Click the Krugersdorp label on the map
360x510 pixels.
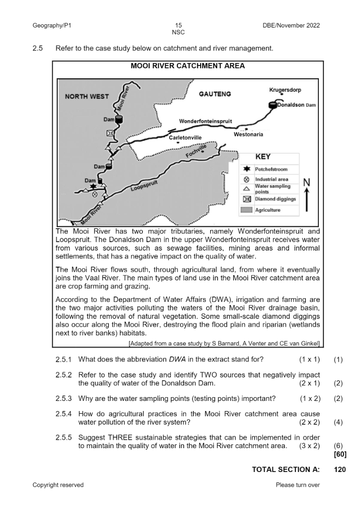(x=285, y=90)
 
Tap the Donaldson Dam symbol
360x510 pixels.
(x=273, y=105)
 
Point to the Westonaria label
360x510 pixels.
(x=248, y=135)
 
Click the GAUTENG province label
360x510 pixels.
(x=215, y=94)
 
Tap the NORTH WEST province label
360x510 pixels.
(x=87, y=96)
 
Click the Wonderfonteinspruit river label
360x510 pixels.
(x=205, y=121)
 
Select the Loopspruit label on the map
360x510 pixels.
(x=144, y=186)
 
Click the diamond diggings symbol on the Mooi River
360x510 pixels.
(x=110, y=133)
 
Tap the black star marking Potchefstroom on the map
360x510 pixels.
(x=93, y=186)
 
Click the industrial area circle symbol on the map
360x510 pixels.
(x=95, y=194)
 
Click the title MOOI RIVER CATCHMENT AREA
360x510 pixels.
(x=188, y=66)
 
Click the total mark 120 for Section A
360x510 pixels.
(x=340, y=470)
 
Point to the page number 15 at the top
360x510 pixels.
(x=179, y=26)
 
